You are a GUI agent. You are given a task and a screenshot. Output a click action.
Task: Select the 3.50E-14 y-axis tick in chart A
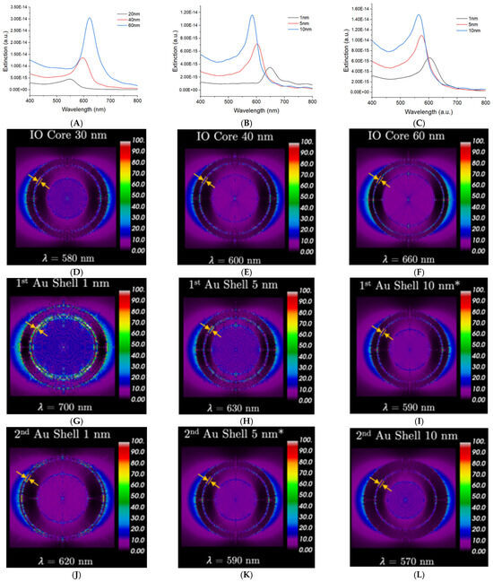pos(18,6)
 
